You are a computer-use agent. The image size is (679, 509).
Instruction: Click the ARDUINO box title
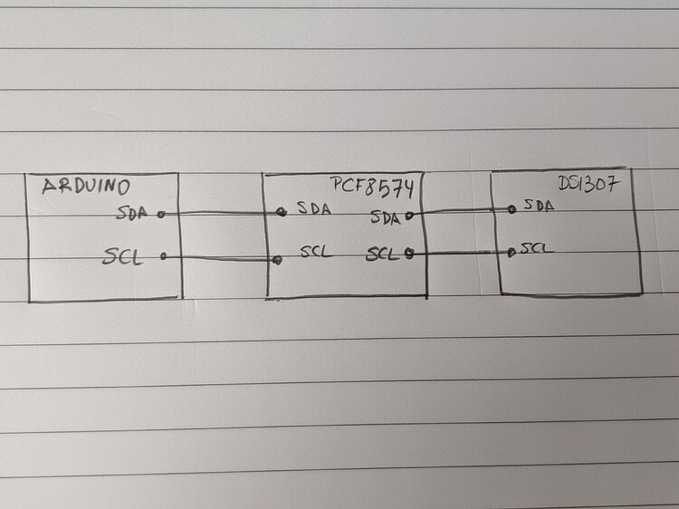point(86,187)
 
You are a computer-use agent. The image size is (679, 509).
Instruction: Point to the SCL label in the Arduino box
point(123,257)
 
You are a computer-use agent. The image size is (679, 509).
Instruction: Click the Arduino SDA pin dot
point(161,215)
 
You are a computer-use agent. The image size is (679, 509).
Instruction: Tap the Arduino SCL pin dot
point(164,257)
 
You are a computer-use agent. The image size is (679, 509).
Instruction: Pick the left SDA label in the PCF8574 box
point(313,209)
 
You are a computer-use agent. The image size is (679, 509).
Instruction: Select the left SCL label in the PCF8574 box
point(317,251)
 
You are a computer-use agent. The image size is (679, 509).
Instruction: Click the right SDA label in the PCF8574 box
point(386,217)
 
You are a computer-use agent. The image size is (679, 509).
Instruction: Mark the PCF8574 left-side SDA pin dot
point(282,211)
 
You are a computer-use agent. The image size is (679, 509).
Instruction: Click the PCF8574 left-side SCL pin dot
point(277,260)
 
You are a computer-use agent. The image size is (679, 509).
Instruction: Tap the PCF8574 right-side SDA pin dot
point(409,216)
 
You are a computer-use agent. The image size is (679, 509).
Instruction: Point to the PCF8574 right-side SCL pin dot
point(410,254)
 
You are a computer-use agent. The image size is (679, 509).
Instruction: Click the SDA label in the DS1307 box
point(539,206)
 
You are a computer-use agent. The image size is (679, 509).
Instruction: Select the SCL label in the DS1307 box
point(538,247)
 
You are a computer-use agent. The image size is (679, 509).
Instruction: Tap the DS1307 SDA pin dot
point(512,208)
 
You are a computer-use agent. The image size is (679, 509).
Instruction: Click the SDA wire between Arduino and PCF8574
point(222,214)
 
